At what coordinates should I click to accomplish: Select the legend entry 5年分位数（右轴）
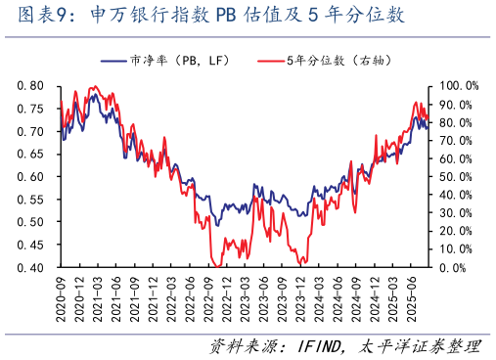tap(328, 62)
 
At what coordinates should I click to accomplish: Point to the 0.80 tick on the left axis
tap(33, 86)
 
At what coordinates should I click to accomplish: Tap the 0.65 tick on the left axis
tap(33, 155)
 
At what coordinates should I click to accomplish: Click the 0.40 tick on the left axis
tap(33, 268)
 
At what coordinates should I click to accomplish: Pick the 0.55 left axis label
tap(33, 200)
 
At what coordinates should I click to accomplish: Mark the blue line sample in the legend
tap(114, 62)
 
